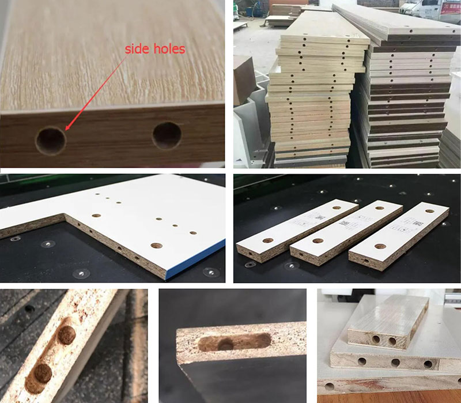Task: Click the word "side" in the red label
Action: click(137, 50)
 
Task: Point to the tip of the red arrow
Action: click(65, 130)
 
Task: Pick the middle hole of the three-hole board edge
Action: click(396, 363)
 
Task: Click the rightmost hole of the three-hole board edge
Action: click(428, 364)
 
